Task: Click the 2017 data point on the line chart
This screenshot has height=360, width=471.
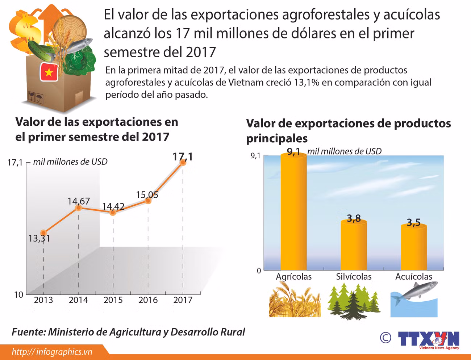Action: [183, 163]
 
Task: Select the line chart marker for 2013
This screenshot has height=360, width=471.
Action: [43, 233]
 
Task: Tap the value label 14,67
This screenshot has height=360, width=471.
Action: [79, 201]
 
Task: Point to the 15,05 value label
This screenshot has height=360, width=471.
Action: [147, 195]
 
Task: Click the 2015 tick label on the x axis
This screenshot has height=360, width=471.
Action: [113, 300]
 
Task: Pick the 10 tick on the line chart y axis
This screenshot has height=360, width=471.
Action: [18, 295]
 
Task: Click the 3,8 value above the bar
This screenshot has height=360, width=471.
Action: [354, 218]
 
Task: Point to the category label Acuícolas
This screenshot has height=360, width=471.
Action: [414, 277]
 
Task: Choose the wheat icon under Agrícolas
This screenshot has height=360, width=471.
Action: [294, 301]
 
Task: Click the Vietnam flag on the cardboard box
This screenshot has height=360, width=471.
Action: [49, 72]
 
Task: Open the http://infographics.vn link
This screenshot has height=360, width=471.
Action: [52, 352]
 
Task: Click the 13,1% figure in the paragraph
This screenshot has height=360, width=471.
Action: [307, 83]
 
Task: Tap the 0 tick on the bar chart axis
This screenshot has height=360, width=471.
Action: [259, 271]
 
